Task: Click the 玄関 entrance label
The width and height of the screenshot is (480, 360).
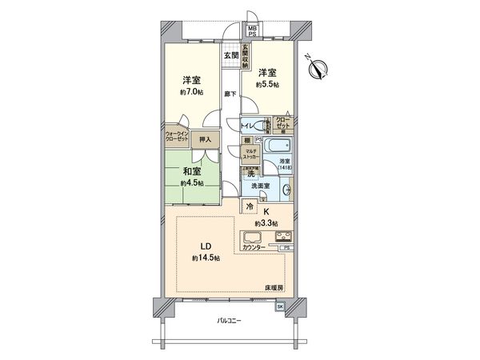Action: [x=230, y=54]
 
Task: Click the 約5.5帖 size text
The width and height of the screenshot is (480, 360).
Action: [x=267, y=84]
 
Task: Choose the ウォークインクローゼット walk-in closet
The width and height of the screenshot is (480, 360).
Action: [x=177, y=137]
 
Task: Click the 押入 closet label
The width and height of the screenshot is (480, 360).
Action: [x=206, y=140]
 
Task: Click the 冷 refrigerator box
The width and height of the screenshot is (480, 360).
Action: [x=250, y=206]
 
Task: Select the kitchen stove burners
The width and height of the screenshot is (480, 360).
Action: [x=284, y=236]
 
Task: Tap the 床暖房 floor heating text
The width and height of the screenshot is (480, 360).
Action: [x=274, y=286]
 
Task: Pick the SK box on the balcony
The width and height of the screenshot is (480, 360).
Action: [x=280, y=306]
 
